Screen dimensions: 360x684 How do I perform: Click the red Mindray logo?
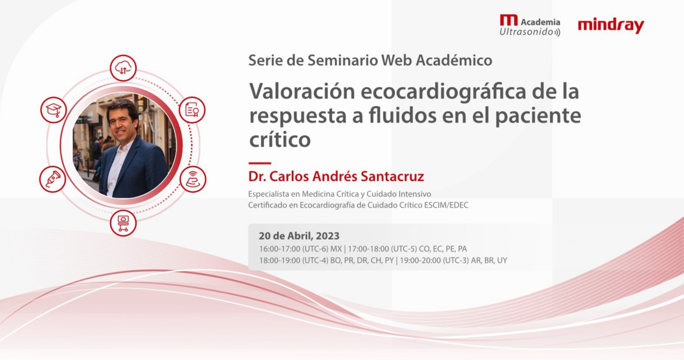[611, 25]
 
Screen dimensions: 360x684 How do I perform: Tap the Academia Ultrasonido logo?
[530, 26]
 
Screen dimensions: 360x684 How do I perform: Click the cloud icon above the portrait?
[123, 68]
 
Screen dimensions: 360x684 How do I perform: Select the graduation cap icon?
[53, 109]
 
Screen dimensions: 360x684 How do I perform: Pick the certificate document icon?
[192, 109]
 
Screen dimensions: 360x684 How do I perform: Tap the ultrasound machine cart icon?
[123, 222]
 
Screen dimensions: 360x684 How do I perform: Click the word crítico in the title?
[279, 139]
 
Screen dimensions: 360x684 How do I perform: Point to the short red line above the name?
[260, 163]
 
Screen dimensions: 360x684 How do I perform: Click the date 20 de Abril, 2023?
[299, 236]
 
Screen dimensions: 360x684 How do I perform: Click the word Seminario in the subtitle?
[342, 60]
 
